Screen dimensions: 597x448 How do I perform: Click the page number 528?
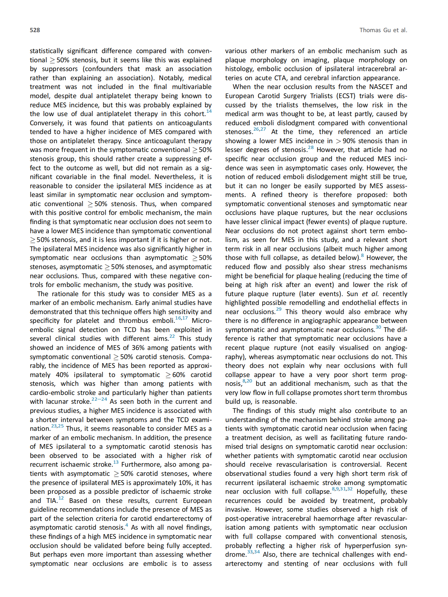35,30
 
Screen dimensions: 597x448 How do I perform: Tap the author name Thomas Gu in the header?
375,30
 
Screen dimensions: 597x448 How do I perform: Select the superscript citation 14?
209,111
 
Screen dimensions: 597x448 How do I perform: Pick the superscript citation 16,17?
182,318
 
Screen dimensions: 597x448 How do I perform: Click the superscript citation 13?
116,462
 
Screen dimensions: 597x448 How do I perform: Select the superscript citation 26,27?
260,129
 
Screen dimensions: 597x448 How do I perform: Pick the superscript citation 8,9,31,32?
342,489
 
